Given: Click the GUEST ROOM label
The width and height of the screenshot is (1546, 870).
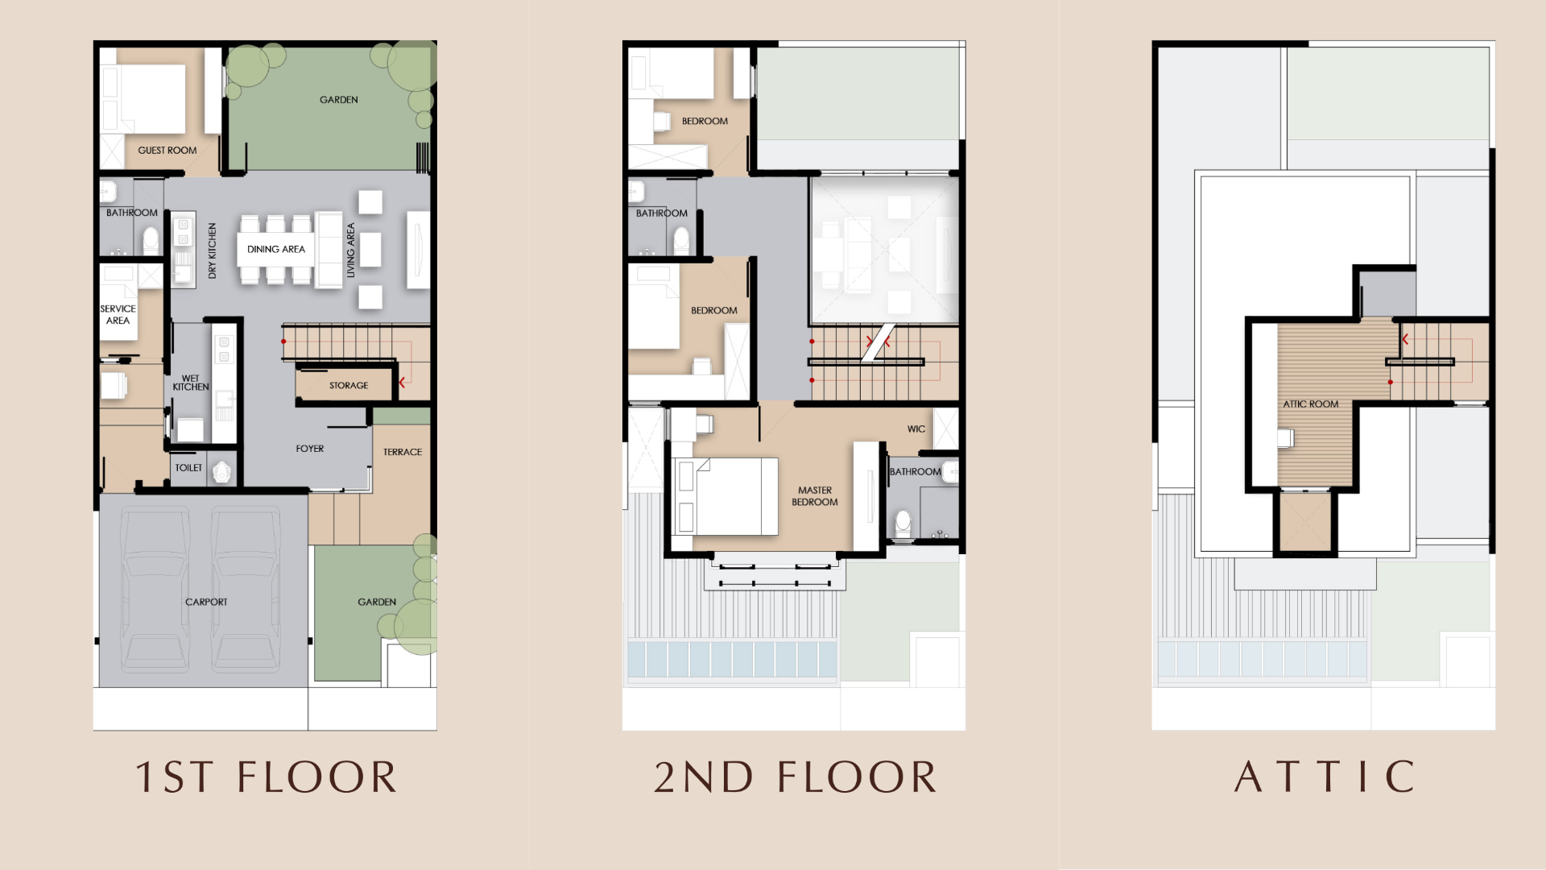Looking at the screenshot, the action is point(167,150).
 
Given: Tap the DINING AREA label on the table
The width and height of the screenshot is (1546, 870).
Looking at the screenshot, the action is point(276,249).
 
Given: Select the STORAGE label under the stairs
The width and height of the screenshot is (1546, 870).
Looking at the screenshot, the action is point(349,385).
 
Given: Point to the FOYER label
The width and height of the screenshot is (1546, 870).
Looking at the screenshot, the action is point(310,449).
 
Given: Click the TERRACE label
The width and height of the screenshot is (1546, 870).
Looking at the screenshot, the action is point(403,452).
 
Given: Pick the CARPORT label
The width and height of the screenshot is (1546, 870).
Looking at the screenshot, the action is point(206,602).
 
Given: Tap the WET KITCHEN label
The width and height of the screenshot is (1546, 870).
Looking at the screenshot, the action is point(191,383).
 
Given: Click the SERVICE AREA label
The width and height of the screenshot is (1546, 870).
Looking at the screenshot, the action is point(118,314).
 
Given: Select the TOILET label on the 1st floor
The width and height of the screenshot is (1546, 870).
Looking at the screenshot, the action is point(188,467).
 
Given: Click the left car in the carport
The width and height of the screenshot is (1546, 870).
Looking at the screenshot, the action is point(155,590).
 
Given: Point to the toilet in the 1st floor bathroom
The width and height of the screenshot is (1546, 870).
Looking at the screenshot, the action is point(151,240).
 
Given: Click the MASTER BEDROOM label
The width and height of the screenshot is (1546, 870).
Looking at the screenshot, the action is point(815,495).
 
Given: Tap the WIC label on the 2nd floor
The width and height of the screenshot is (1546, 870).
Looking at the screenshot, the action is point(916,429).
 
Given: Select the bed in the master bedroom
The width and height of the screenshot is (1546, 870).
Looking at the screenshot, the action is point(725,496).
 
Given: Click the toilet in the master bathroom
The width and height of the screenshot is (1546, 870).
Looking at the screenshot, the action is point(903,524).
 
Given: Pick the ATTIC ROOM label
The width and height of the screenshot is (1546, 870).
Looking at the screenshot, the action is point(1311,404).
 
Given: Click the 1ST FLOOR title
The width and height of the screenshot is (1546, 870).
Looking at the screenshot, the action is point(267,777).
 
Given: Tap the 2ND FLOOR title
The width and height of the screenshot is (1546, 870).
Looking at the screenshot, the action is point(796,777).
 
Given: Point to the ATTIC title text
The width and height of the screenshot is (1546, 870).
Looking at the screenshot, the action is point(1325,777).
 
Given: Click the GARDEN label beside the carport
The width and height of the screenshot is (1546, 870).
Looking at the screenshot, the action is point(377,602).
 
